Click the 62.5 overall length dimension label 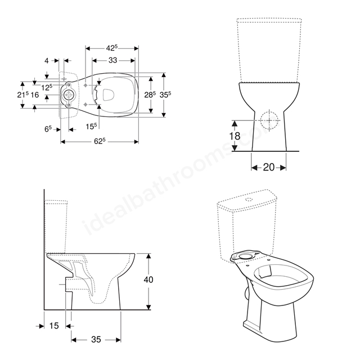pos(100,141)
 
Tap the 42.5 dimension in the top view pos(112,48)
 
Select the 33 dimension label pos(112,60)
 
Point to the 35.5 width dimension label pos(165,94)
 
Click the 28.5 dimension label pos(150,94)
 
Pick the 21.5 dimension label pos(23,94)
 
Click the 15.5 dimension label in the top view pos(91,126)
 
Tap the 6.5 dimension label pos(48,129)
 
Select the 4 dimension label pos(47,61)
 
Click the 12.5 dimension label pos(47,87)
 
